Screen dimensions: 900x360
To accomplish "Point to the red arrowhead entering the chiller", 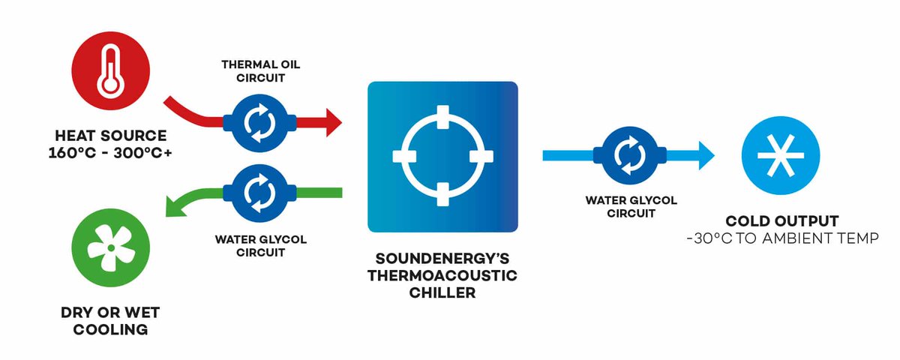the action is tap(329, 121).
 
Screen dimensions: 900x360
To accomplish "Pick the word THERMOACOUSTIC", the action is tap(442, 275).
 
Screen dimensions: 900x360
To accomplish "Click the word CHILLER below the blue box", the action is tap(442, 293).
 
